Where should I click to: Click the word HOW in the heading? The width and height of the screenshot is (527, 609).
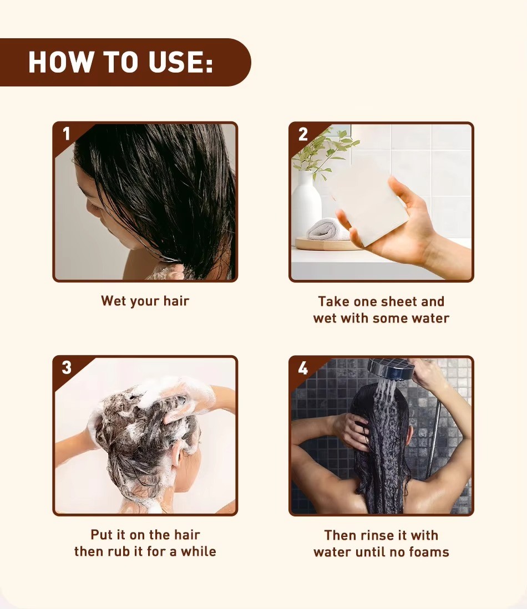[x=61, y=62]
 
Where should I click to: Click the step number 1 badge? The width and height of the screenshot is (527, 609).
[x=67, y=134]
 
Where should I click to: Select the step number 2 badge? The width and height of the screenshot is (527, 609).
[x=303, y=135]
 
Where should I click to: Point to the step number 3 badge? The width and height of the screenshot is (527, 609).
[x=67, y=367]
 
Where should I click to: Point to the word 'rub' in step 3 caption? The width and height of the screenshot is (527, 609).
[x=119, y=551]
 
